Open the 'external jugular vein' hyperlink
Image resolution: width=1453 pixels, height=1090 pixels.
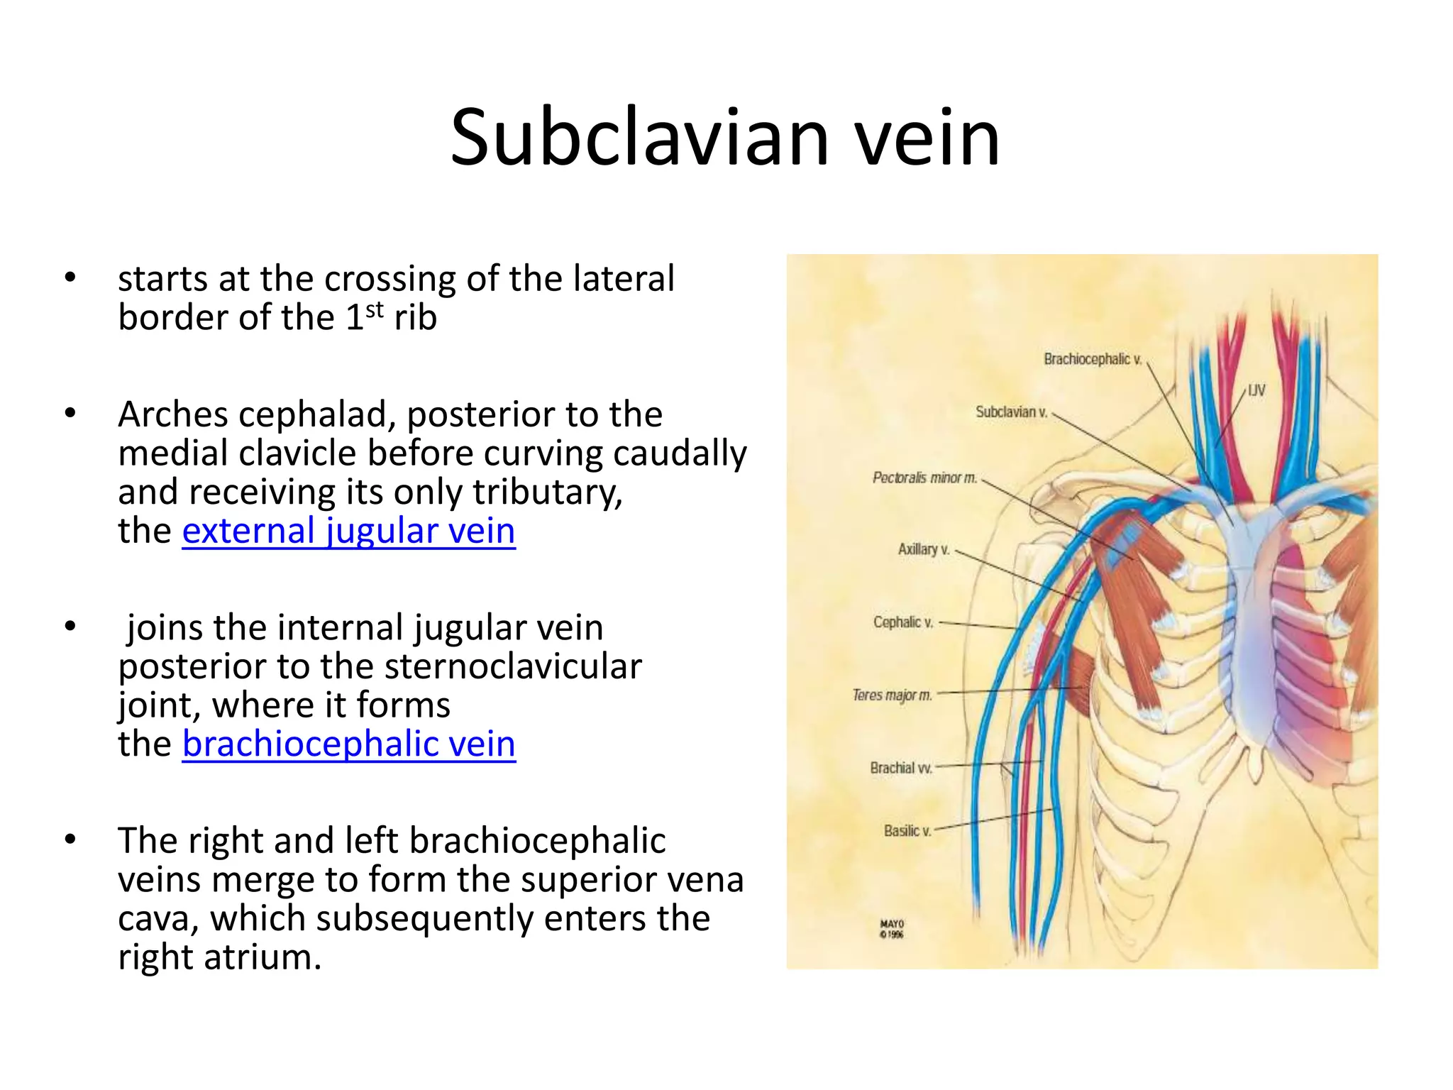click(x=348, y=531)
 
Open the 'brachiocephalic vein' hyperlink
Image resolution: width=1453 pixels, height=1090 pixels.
click(x=348, y=744)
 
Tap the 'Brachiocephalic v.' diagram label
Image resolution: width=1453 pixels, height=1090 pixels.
click(x=1093, y=359)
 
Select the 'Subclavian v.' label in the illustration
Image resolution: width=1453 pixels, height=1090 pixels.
click(x=1011, y=412)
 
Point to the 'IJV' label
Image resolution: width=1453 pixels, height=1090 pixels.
click(x=1256, y=390)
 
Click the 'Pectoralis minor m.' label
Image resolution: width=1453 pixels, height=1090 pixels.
click(x=924, y=478)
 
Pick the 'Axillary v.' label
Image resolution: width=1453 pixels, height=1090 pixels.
click(x=923, y=549)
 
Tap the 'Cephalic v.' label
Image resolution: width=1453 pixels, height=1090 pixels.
click(x=902, y=622)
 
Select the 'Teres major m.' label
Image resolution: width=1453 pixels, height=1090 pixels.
click(x=892, y=695)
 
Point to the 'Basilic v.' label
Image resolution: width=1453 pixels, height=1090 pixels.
click(x=907, y=830)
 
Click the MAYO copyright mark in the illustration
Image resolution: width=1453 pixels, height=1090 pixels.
click(x=892, y=929)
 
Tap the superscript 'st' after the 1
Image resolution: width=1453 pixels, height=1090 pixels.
click(x=375, y=309)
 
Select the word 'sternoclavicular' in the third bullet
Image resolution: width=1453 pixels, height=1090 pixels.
click(x=513, y=666)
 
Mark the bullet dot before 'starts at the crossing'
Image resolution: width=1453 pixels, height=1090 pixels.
click(x=70, y=277)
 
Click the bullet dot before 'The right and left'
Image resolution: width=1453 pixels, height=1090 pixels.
click(x=70, y=839)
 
